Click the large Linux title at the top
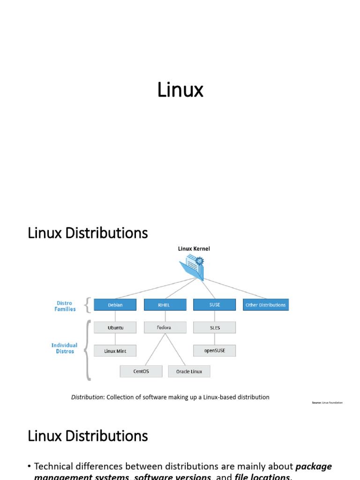click(x=180, y=90)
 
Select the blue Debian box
click(x=115, y=305)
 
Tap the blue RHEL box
click(x=164, y=305)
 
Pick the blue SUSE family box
click(x=214, y=305)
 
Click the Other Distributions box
click(x=265, y=305)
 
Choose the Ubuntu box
click(x=115, y=328)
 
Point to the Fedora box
click(x=164, y=328)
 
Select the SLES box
click(x=214, y=328)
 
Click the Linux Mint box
click(x=115, y=351)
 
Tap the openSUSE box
click(x=214, y=351)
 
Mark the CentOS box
click(x=141, y=371)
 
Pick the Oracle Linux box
click(x=189, y=371)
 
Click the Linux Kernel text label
click(x=194, y=249)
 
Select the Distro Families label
click(x=65, y=306)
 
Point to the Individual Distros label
click(x=64, y=348)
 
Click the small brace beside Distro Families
click(x=87, y=306)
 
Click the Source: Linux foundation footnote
click(x=327, y=403)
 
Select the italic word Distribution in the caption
click(x=87, y=397)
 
